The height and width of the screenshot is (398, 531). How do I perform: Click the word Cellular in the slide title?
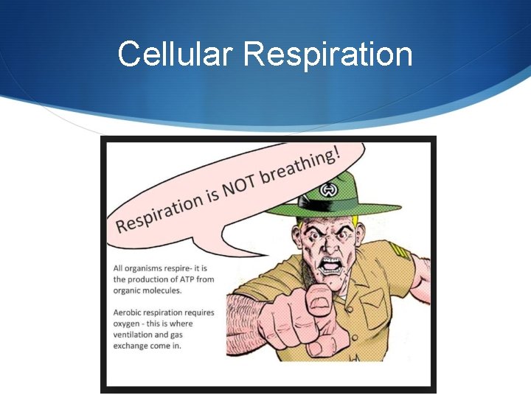click(x=175, y=55)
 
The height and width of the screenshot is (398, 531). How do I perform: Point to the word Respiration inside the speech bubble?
click(x=159, y=209)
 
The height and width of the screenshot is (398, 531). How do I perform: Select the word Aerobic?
click(x=128, y=313)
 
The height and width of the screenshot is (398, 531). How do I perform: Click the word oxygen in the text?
click(x=127, y=324)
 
